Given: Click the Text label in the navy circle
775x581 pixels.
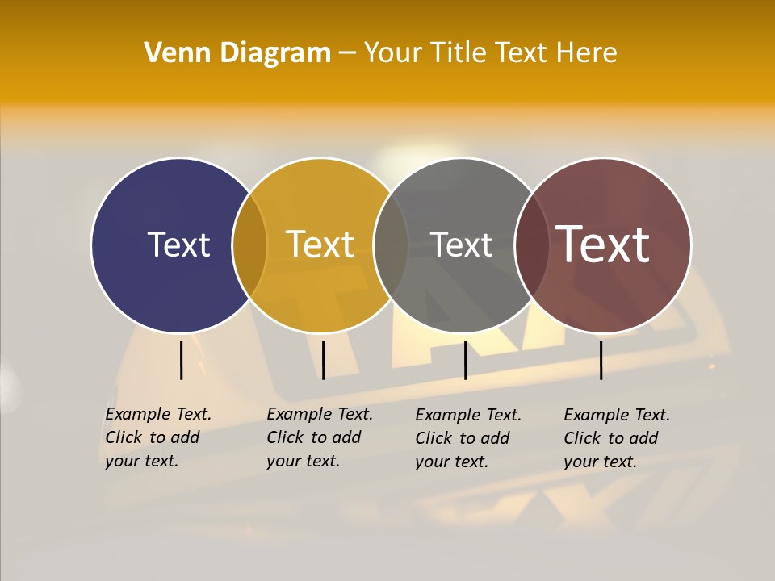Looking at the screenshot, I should [178, 245].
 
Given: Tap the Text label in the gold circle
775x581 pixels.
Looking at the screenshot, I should [320, 245].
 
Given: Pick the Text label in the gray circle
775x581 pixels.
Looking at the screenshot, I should [461, 245].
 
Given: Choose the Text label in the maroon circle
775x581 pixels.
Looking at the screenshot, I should [603, 245].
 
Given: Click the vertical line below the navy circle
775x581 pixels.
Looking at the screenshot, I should [181, 360].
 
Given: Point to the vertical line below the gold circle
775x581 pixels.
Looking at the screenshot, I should [323, 360].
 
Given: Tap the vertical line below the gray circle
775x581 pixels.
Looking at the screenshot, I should [465, 360].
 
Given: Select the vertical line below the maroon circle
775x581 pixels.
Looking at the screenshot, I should [601, 360].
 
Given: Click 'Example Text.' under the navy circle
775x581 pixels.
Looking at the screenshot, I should [158, 414].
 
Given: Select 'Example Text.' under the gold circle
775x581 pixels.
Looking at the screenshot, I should [320, 414].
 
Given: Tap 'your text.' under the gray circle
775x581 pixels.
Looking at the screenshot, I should [452, 462].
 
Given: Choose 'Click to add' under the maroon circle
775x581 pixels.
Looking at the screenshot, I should [611, 438].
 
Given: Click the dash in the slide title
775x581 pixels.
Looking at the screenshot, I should [347, 53].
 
